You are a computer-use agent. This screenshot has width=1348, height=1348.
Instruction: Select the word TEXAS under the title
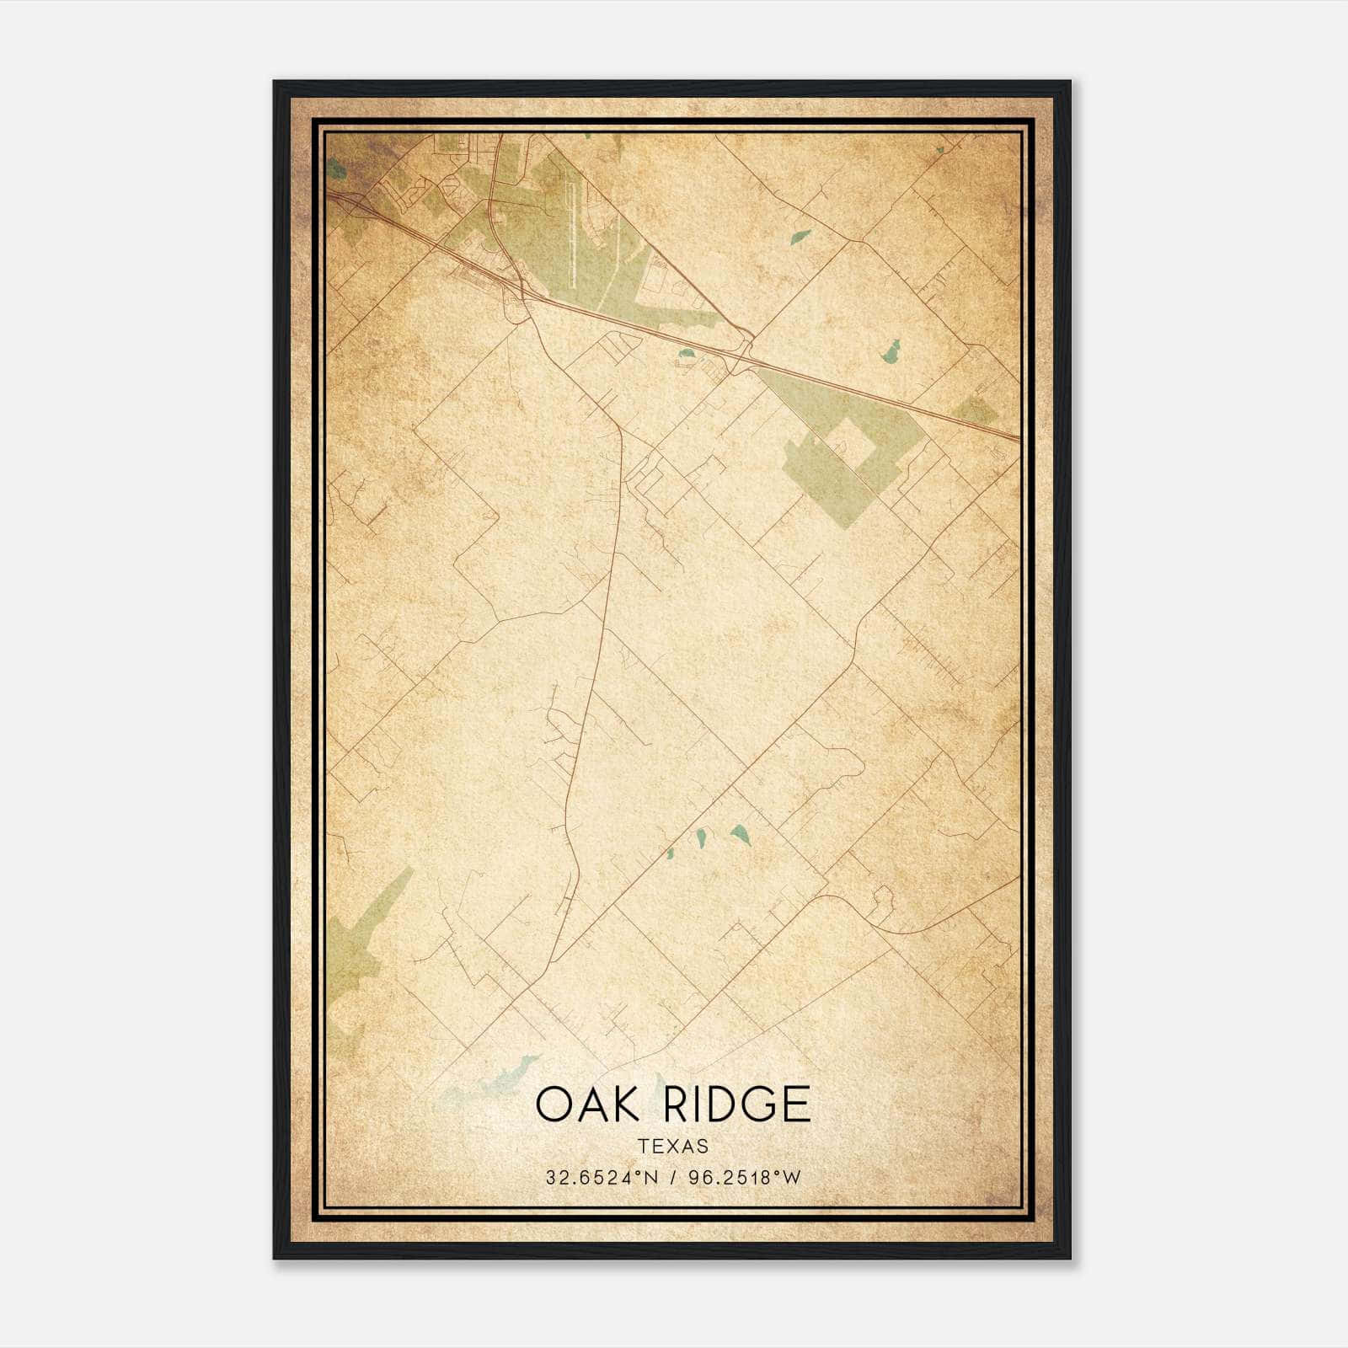tap(673, 1147)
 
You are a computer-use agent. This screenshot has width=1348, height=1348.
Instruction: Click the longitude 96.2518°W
tap(745, 1178)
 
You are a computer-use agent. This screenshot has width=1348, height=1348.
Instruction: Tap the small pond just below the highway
tap(687, 354)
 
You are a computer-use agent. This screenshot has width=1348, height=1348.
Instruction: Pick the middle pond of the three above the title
tap(700, 837)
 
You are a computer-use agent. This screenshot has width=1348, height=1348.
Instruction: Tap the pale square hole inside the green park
tap(851, 444)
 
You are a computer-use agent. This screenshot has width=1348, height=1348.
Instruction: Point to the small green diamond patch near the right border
tap(976, 411)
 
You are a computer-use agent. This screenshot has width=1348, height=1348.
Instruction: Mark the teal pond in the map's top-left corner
tap(338, 171)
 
